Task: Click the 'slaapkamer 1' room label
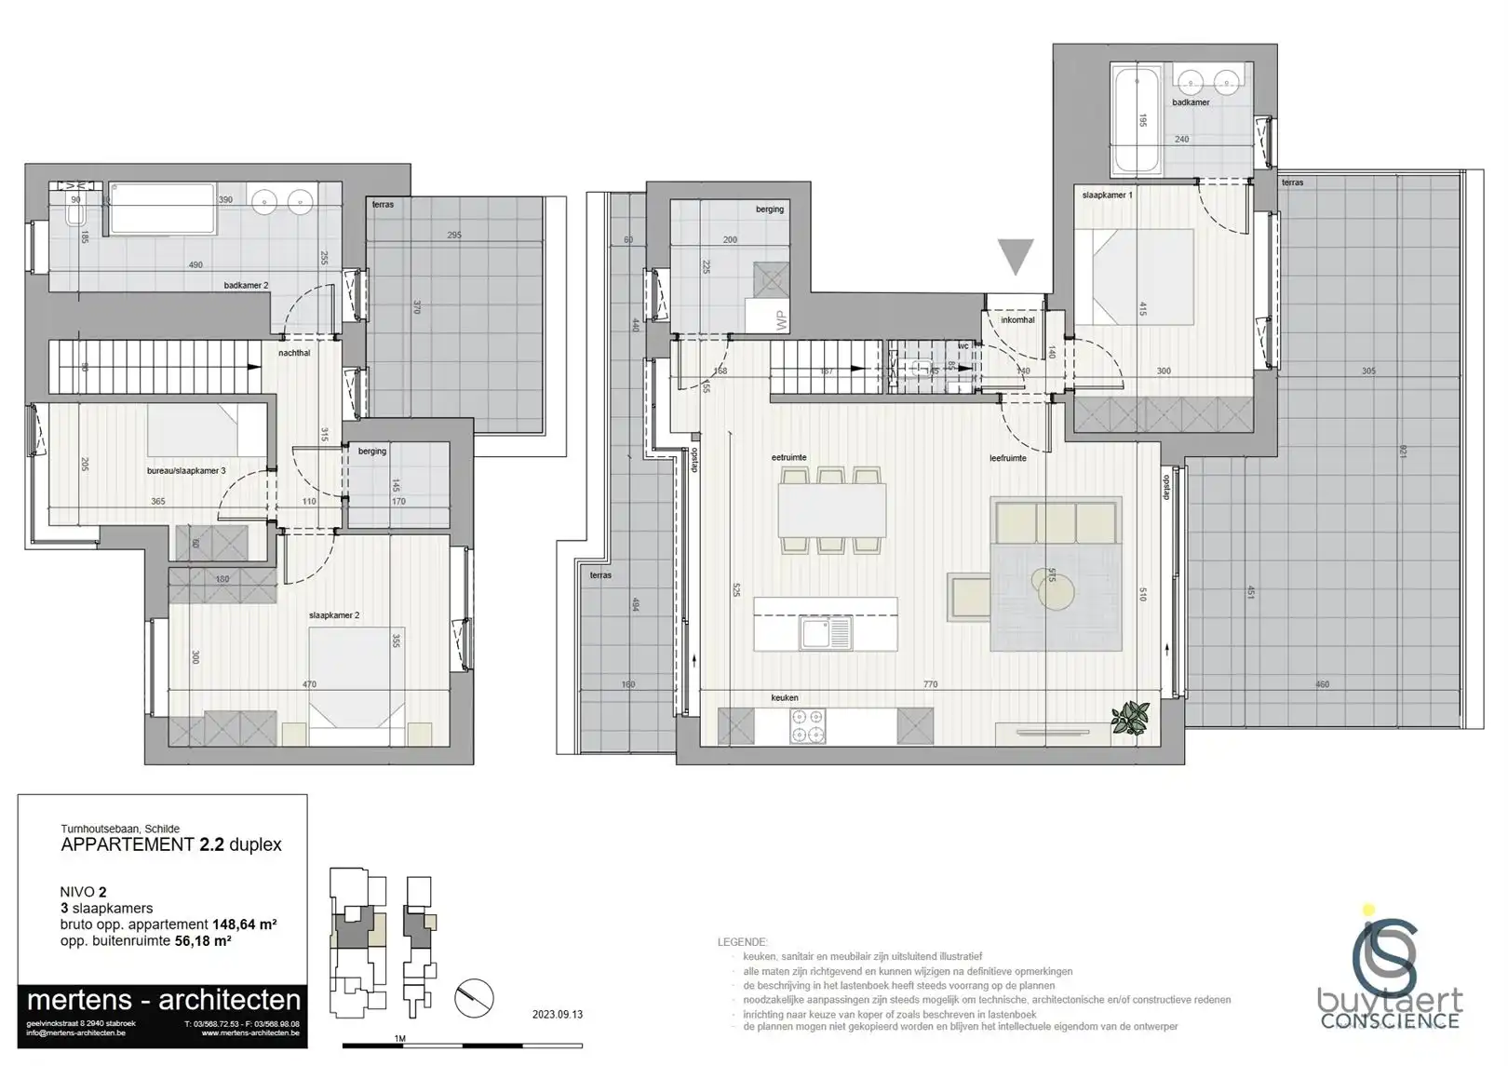click(1107, 196)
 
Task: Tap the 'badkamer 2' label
click(246, 285)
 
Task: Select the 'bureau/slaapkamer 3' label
click(186, 471)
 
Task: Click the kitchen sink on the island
click(826, 634)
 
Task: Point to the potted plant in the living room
click(1131, 717)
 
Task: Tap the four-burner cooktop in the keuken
click(806, 726)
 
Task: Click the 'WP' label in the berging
click(781, 321)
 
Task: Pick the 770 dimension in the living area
click(930, 684)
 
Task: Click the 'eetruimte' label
click(788, 458)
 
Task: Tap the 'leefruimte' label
click(1008, 458)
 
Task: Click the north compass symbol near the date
click(475, 998)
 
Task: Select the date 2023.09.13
click(558, 1015)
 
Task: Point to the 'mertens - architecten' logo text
click(164, 1001)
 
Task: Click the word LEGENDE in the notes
click(742, 942)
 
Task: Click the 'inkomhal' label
click(1017, 320)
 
